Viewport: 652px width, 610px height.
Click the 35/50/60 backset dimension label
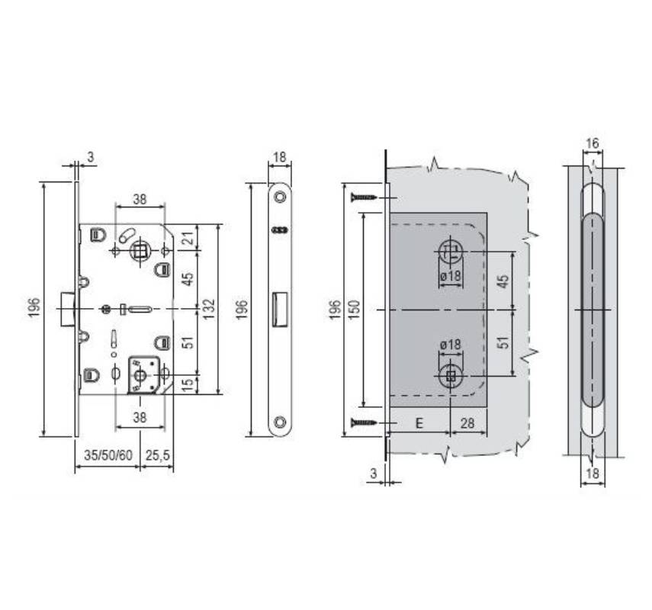pos(107,455)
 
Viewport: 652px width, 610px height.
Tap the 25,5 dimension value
pos(157,455)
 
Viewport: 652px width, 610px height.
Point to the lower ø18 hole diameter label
pos(451,345)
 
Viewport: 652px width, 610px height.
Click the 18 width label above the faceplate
pos(279,158)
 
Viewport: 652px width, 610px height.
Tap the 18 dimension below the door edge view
pos(593,474)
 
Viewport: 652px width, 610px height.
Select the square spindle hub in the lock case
pos(140,249)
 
